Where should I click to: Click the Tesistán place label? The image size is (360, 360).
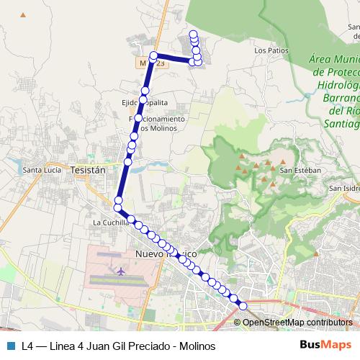tap(89, 170)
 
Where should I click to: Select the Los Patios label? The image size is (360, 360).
tap(271, 51)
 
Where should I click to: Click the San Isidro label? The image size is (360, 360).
tap(344, 189)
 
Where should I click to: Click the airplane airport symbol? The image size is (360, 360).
tap(120, 271)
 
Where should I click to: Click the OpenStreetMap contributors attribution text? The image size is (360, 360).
tap(297, 323)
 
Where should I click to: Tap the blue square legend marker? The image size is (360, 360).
tap(10, 345)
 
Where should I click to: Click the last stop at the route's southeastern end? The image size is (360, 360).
tap(243, 306)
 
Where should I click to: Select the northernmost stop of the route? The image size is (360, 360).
tap(193, 34)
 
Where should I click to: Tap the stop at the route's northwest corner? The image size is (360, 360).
tap(153, 56)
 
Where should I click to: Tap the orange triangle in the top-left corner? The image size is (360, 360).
tap(23, 14)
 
